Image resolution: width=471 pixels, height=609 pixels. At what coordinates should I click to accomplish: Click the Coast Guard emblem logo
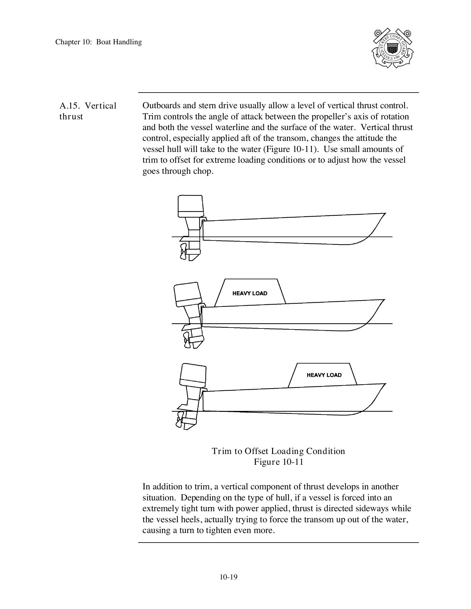[x=392, y=48]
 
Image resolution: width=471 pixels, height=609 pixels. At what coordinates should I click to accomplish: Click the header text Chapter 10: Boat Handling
[x=99, y=42]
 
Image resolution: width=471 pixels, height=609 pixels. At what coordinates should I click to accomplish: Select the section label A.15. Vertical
[x=88, y=106]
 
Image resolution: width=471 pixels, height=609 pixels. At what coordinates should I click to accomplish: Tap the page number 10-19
[x=228, y=577]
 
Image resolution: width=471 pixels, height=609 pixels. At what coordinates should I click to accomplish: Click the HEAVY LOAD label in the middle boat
[x=250, y=293]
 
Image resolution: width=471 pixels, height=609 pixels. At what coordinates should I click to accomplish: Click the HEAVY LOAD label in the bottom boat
[x=324, y=375]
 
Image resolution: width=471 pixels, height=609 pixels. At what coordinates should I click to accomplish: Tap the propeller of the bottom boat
[x=179, y=420]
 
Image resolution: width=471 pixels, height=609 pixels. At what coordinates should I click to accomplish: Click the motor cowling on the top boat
[x=190, y=205]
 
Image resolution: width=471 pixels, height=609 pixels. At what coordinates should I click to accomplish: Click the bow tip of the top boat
[x=385, y=213]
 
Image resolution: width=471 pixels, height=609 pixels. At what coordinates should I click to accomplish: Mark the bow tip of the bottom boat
[x=385, y=384]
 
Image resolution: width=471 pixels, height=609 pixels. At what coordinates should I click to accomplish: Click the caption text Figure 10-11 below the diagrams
[x=278, y=462]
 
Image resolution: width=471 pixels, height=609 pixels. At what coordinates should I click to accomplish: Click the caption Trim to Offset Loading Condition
[x=278, y=451]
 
